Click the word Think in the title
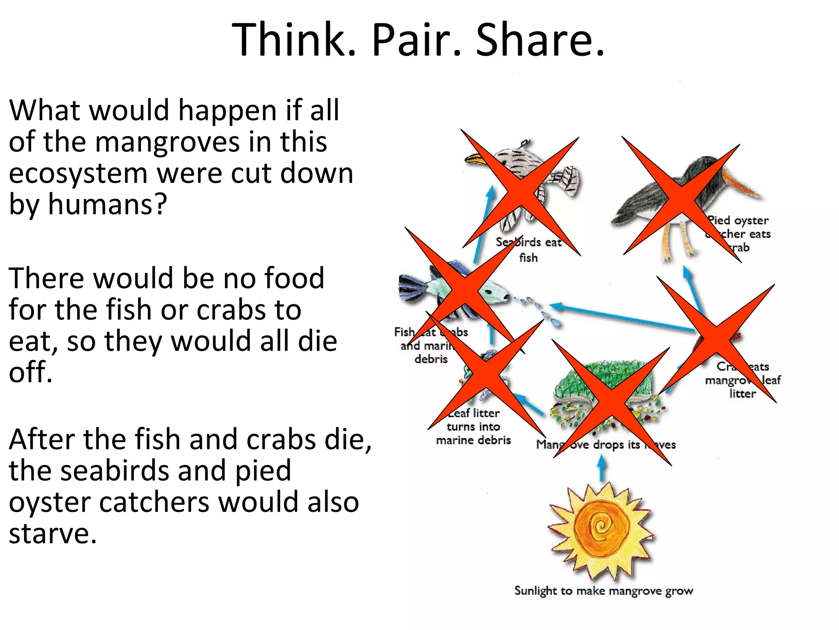point(293,40)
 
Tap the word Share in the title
point(540,40)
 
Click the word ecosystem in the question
point(78,173)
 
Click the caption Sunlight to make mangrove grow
point(603,591)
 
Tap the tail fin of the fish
point(412,287)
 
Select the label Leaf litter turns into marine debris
point(474,427)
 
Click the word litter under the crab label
point(742,394)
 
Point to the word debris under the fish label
point(431,359)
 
